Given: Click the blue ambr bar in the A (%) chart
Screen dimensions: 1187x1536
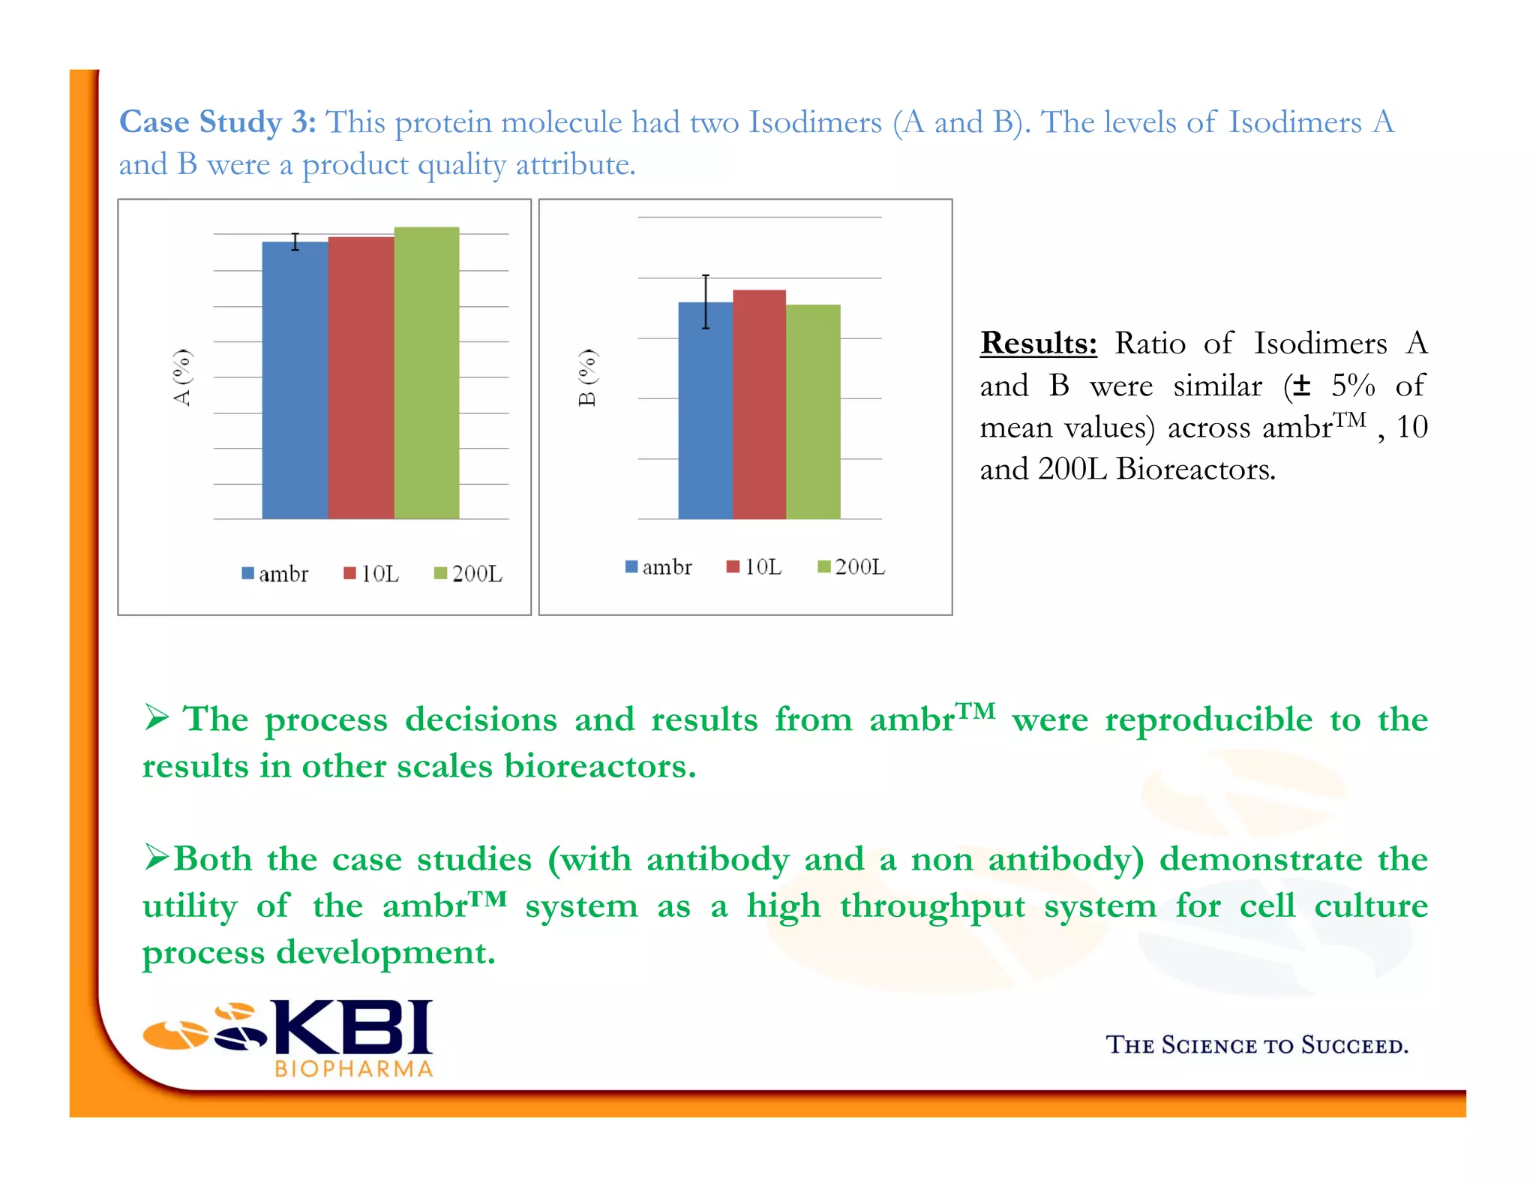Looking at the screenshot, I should point(295,383).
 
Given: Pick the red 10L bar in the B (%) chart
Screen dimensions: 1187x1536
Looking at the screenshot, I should point(759,405).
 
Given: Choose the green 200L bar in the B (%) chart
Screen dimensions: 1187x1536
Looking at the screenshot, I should point(813,413).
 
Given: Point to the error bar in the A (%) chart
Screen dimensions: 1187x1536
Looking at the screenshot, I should point(295,242).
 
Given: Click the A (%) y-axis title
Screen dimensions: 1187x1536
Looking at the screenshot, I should point(182,377).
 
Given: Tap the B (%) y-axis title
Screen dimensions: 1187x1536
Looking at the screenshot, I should point(587,377).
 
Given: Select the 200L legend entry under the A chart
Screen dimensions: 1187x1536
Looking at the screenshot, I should point(469,574).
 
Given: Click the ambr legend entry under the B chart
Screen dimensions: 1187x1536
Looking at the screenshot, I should point(659,566).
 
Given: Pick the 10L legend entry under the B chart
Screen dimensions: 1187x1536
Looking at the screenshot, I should point(754,566).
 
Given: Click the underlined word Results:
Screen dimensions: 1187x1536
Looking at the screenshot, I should point(1038,343).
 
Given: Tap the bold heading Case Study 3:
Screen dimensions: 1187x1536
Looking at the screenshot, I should point(217,122).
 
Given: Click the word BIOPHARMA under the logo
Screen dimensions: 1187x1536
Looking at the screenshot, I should point(354,1068).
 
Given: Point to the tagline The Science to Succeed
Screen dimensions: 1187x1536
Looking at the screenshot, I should point(1257,1044).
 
